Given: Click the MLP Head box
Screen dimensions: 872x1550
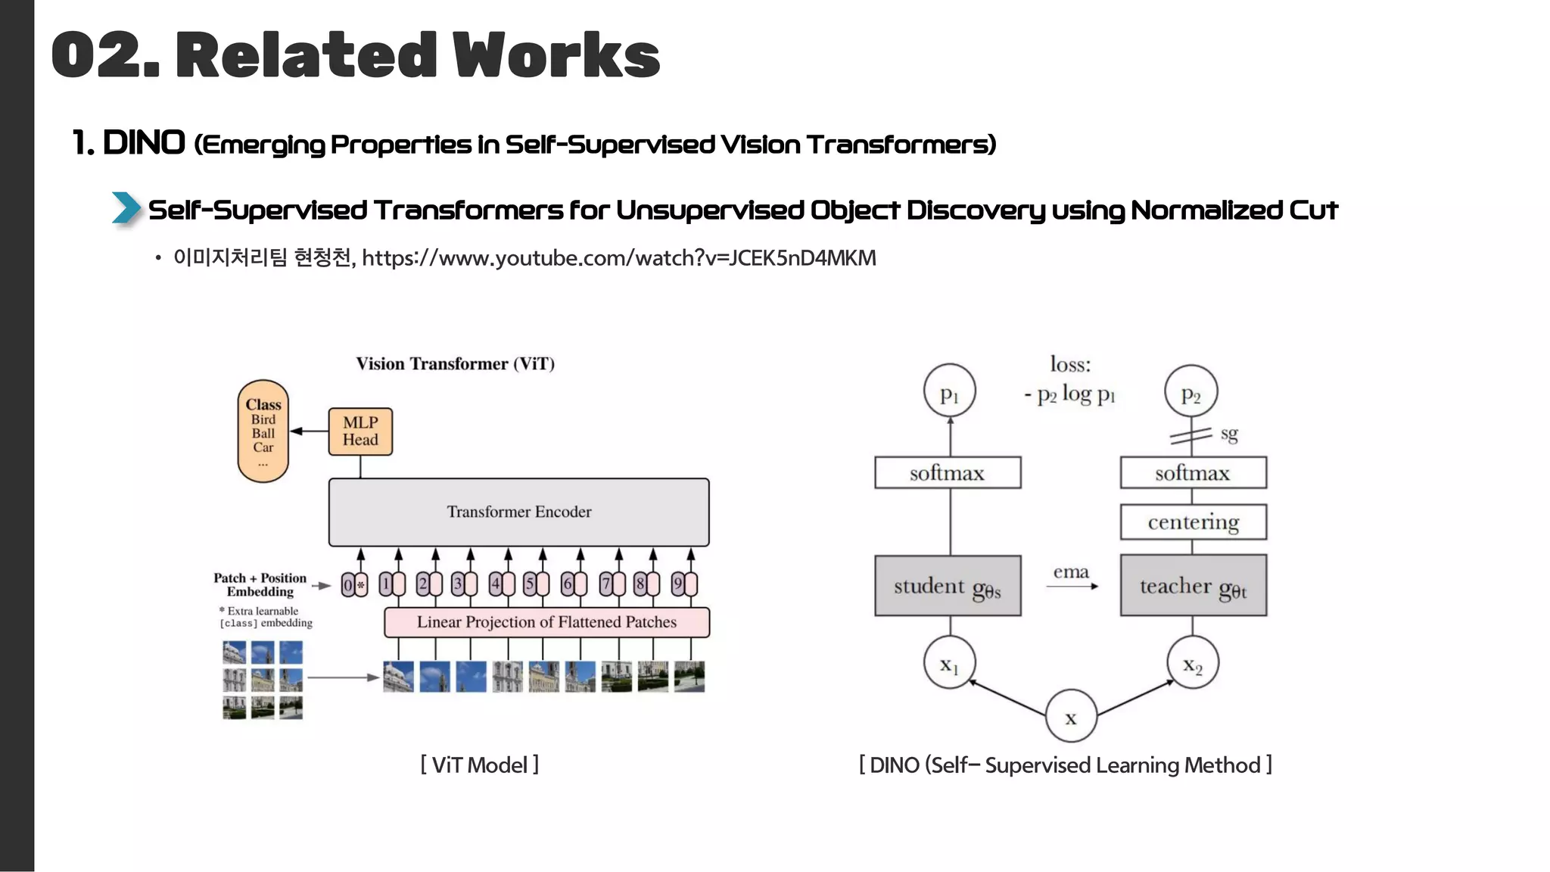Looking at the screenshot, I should pyautogui.click(x=360, y=431).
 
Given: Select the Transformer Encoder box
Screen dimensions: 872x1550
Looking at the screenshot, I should pyautogui.click(x=518, y=512).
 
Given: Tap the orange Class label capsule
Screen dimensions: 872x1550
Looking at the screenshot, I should pyautogui.click(x=263, y=431).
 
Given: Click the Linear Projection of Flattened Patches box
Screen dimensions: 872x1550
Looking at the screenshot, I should pyautogui.click(x=546, y=622).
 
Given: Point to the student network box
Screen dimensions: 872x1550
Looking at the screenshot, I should pyautogui.click(x=948, y=587).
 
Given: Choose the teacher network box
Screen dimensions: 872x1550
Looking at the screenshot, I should pyautogui.click(x=1193, y=587).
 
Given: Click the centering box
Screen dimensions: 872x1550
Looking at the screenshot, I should pyautogui.click(x=1193, y=522).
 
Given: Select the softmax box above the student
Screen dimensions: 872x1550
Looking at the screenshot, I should pyautogui.click(x=948, y=473).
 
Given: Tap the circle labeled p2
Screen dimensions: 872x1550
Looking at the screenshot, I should pyautogui.click(x=1191, y=392).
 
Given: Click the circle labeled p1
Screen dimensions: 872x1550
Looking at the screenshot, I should pyautogui.click(x=949, y=392).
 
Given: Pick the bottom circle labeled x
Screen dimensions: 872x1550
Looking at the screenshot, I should pyautogui.click(x=1071, y=716).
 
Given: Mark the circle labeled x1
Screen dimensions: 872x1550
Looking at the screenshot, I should pyautogui.click(x=949, y=662).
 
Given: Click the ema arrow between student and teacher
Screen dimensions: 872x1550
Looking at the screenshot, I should pyautogui.click(x=1072, y=584).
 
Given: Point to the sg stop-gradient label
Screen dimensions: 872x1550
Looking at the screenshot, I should pyautogui.click(x=1228, y=434).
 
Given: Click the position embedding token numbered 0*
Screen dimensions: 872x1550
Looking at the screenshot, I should pyautogui.click(x=353, y=585).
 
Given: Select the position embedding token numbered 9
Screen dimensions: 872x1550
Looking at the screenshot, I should pyautogui.click(x=683, y=584).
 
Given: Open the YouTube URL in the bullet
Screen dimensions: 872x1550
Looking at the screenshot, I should pyautogui.click(x=618, y=258).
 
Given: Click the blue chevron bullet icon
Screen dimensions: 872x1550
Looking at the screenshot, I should pyautogui.click(x=126, y=208).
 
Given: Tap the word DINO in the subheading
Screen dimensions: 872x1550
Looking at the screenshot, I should pyautogui.click(x=144, y=143).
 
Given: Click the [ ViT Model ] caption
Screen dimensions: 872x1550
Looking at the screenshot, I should pyautogui.click(x=479, y=765).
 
